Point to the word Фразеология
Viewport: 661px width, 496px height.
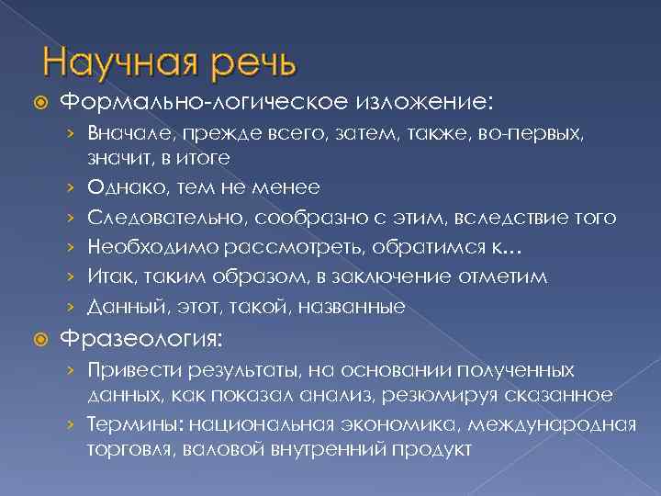coord(140,338)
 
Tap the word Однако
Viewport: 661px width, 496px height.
coord(118,188)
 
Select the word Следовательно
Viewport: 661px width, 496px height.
coord(151,218)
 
